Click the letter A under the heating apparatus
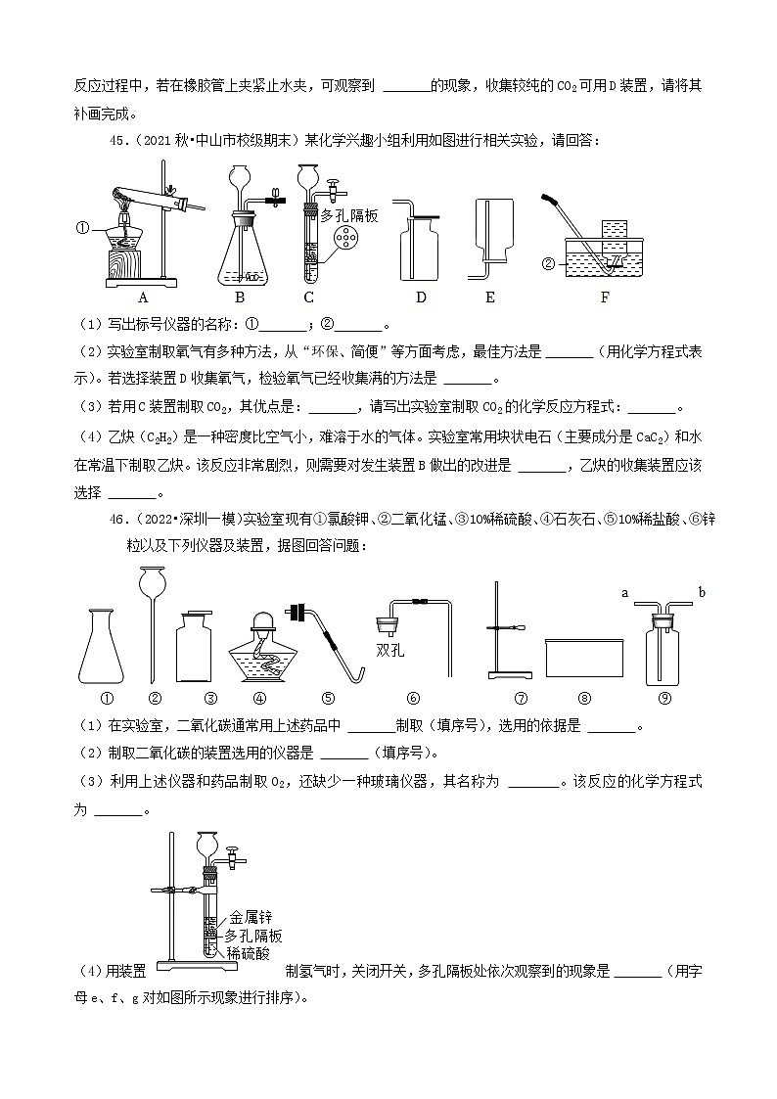[x=143, y=298]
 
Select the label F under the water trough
[x=604, y=298]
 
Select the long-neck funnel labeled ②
[x=154, y=626]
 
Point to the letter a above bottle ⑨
[x=625, y=592]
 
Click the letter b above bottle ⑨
[x=702, y=592]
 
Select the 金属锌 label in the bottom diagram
[x=249, y=918]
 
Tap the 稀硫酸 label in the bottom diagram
[x=248, y=951]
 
